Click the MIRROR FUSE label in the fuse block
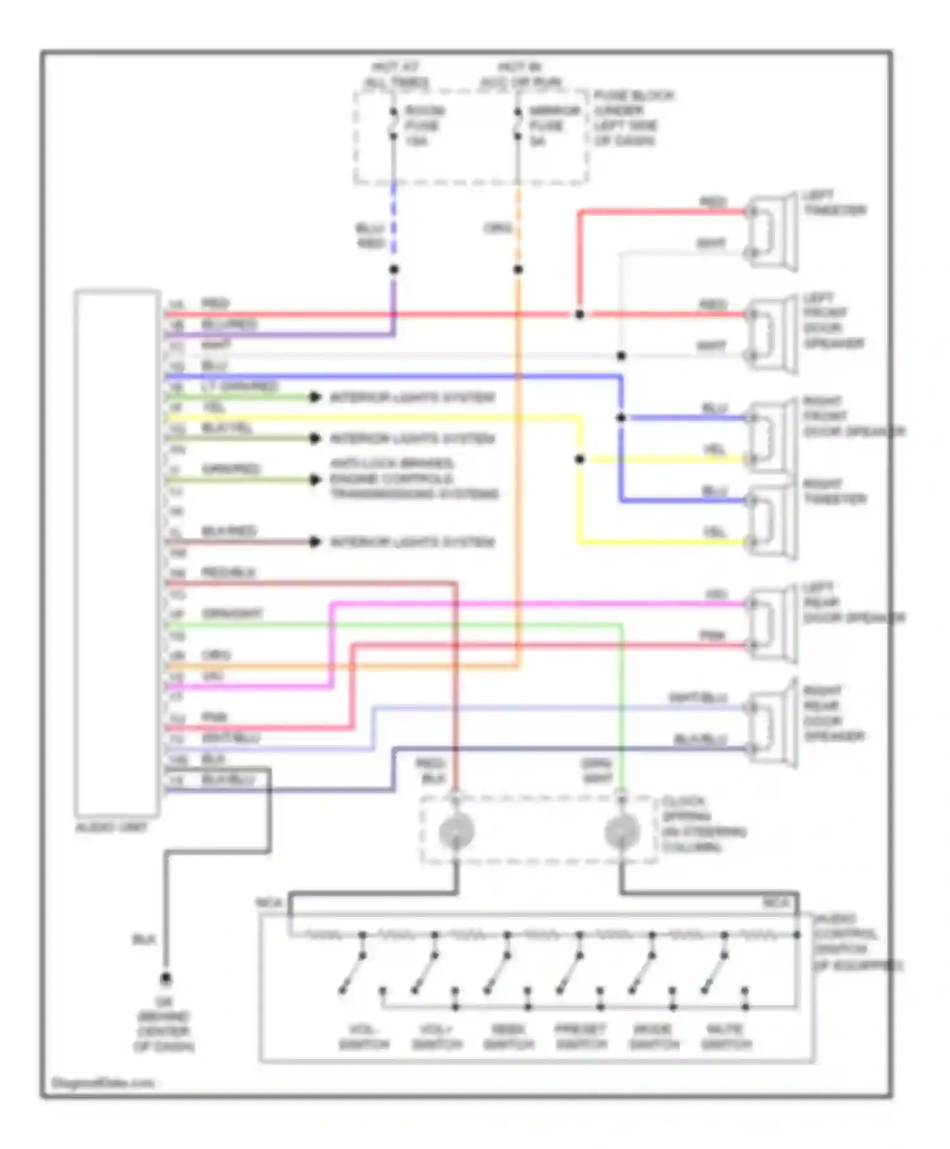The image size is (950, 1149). [x=554, y=125]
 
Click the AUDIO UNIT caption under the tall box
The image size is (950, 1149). [x=111, y=828]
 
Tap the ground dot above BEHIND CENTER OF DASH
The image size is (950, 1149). [x=165, y=979]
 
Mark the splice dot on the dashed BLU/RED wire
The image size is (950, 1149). [x=393, y=269]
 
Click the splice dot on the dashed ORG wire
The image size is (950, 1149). [x=518, y=269]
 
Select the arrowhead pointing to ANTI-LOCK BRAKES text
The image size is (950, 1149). [x=315, y=479]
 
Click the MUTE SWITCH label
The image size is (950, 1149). [x=726, y=1037]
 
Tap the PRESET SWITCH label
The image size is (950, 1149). [x=581, y=1037]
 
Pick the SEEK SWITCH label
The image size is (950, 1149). [x=509, y=1037]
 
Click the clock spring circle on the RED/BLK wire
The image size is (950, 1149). [x=456, y=832]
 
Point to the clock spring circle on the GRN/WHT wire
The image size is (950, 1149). [x=621, y=832]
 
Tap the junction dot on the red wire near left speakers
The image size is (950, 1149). [x=579, y=314]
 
